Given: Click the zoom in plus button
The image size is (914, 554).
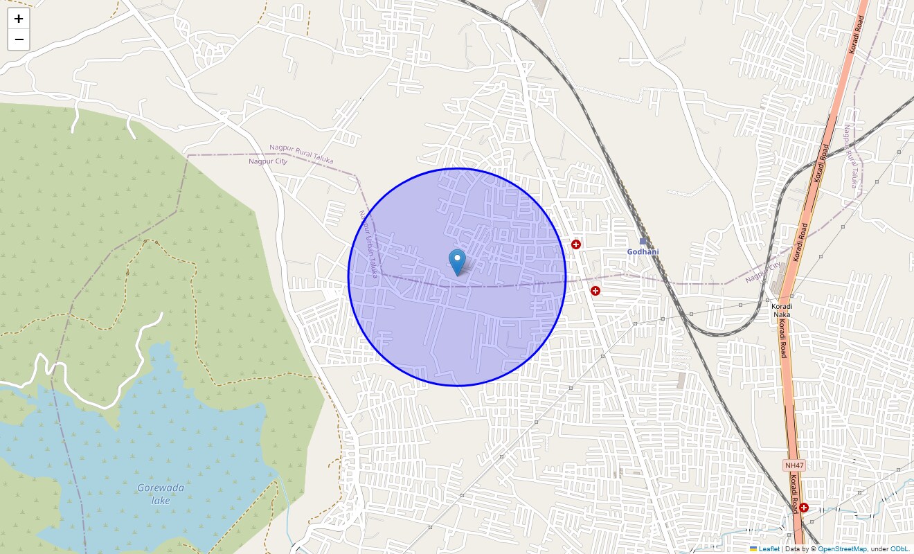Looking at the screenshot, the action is [x=19, y=19].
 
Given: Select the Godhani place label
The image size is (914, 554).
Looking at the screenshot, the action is [x=643, y=252].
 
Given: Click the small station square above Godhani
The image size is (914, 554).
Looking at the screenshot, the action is [x=643, y=241].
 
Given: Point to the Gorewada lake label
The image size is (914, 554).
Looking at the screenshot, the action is [x=161, y=493].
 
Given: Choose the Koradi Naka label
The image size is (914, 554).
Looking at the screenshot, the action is [x=781, y=310].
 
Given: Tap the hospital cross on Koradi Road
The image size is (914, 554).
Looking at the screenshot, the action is [x=803, y=508].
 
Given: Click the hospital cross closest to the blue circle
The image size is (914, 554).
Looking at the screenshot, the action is [x=575, y=244].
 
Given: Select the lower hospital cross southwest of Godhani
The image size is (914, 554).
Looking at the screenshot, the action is [x=595, y=291].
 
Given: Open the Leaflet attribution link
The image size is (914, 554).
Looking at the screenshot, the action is [x=769, y=549].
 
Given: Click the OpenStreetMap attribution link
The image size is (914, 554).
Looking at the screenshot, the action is [x=841, y=549].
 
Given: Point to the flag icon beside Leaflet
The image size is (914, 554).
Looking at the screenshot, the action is [x=753, y=549].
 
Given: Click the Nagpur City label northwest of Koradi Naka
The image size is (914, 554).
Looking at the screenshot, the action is [x=763, y=272].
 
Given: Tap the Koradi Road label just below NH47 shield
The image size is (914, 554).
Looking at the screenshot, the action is [x=796, y=496].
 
